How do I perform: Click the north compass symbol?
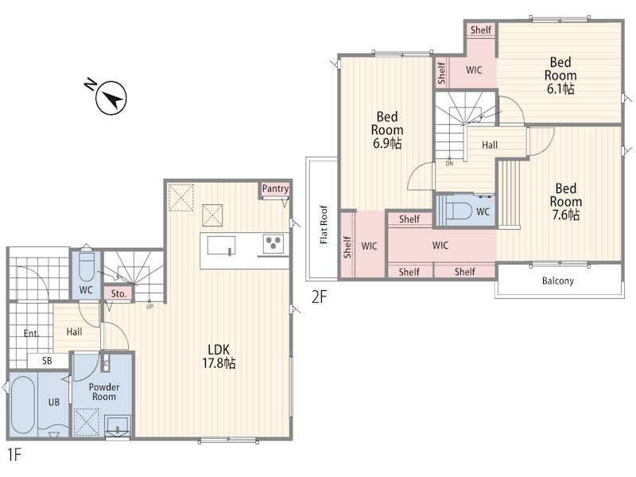click(109, 95)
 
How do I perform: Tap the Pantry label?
click(275, 188)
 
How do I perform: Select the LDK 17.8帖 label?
click(219, 356)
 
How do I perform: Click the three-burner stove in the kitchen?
click(273, 243)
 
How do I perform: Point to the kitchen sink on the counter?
click(221, 246)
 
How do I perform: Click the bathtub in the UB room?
click(23, 405)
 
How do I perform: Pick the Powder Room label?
click(104, 392)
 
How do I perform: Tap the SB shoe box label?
click(47, 361)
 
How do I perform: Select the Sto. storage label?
click(118, 293)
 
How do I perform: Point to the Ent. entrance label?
click(31, 333)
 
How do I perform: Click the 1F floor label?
click(14, 455)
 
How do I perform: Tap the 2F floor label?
click(319, 297)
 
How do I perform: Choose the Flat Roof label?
click(324, 225)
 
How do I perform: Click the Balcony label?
click(558, 281)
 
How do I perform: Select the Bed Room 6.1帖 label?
click(560, 76)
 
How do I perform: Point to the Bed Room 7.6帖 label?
click(566, 202)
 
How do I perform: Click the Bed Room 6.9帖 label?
click(387, 130)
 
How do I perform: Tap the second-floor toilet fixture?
click(459, 211)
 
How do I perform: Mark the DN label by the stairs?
click(449, 164)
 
